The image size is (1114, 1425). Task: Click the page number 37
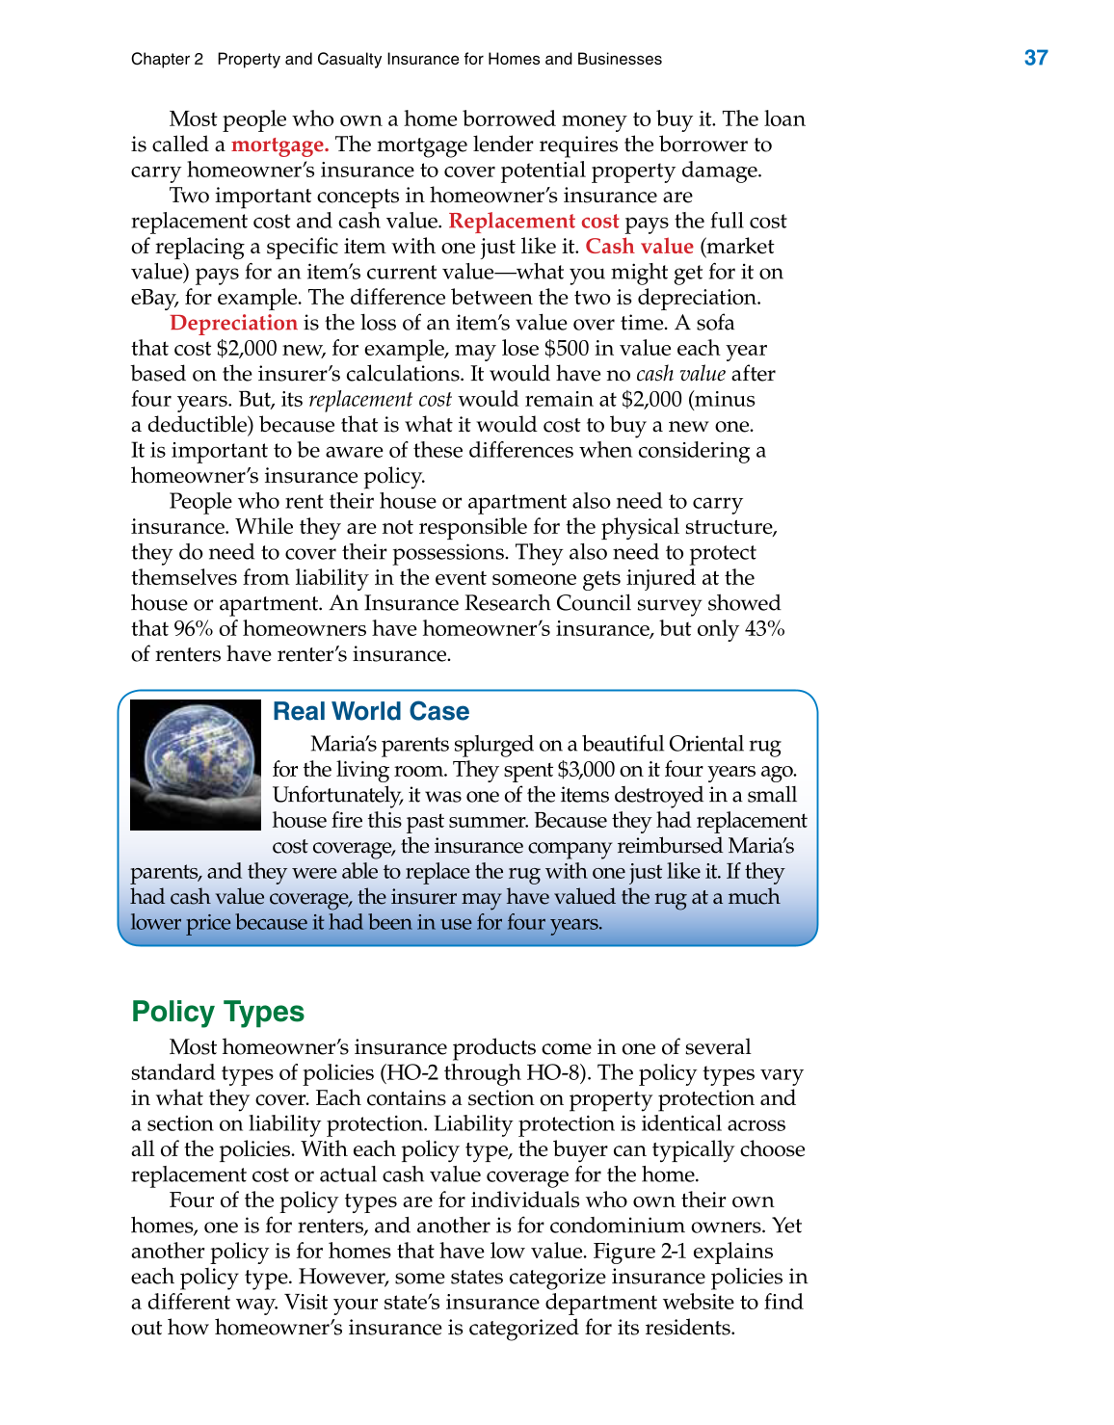pyautogui.click(x=1036, y=58)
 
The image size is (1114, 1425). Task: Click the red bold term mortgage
pyautogui.click(x=279, y=145)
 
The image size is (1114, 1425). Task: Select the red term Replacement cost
pyautogui.click(x=534, y=221)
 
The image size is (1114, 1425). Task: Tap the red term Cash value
pyautogui.click(x=639, y=247)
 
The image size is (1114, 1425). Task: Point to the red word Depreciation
pyautogui.click(x=233, y=323)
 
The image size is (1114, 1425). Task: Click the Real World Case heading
pyautogui.click(x=371, y=711)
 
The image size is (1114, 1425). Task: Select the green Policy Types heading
pyautogui.click(x=218, y=1012)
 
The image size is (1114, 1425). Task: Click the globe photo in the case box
pyautogui.click(x=196, y=764)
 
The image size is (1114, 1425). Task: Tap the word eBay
pyautogui.click(x=152, y=298)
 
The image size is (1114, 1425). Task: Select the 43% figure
pyautogui.click(x=765, y=629)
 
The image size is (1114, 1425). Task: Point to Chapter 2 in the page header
pyautogui.click(x=168, y=59)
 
